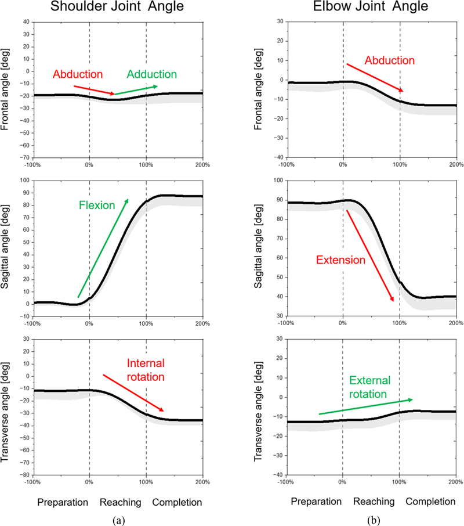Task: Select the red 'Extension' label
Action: click(340, 260)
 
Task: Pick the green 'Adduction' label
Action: click(151, 74)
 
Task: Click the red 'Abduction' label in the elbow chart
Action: click(390, 60)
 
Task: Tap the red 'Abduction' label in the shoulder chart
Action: click(78, 75)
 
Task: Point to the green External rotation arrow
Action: click(365, 406)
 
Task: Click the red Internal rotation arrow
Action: click(133, 394)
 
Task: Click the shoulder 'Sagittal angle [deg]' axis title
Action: click(8, 248)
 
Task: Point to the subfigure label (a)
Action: click(119, 520)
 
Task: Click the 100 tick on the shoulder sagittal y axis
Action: click(25, 180)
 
